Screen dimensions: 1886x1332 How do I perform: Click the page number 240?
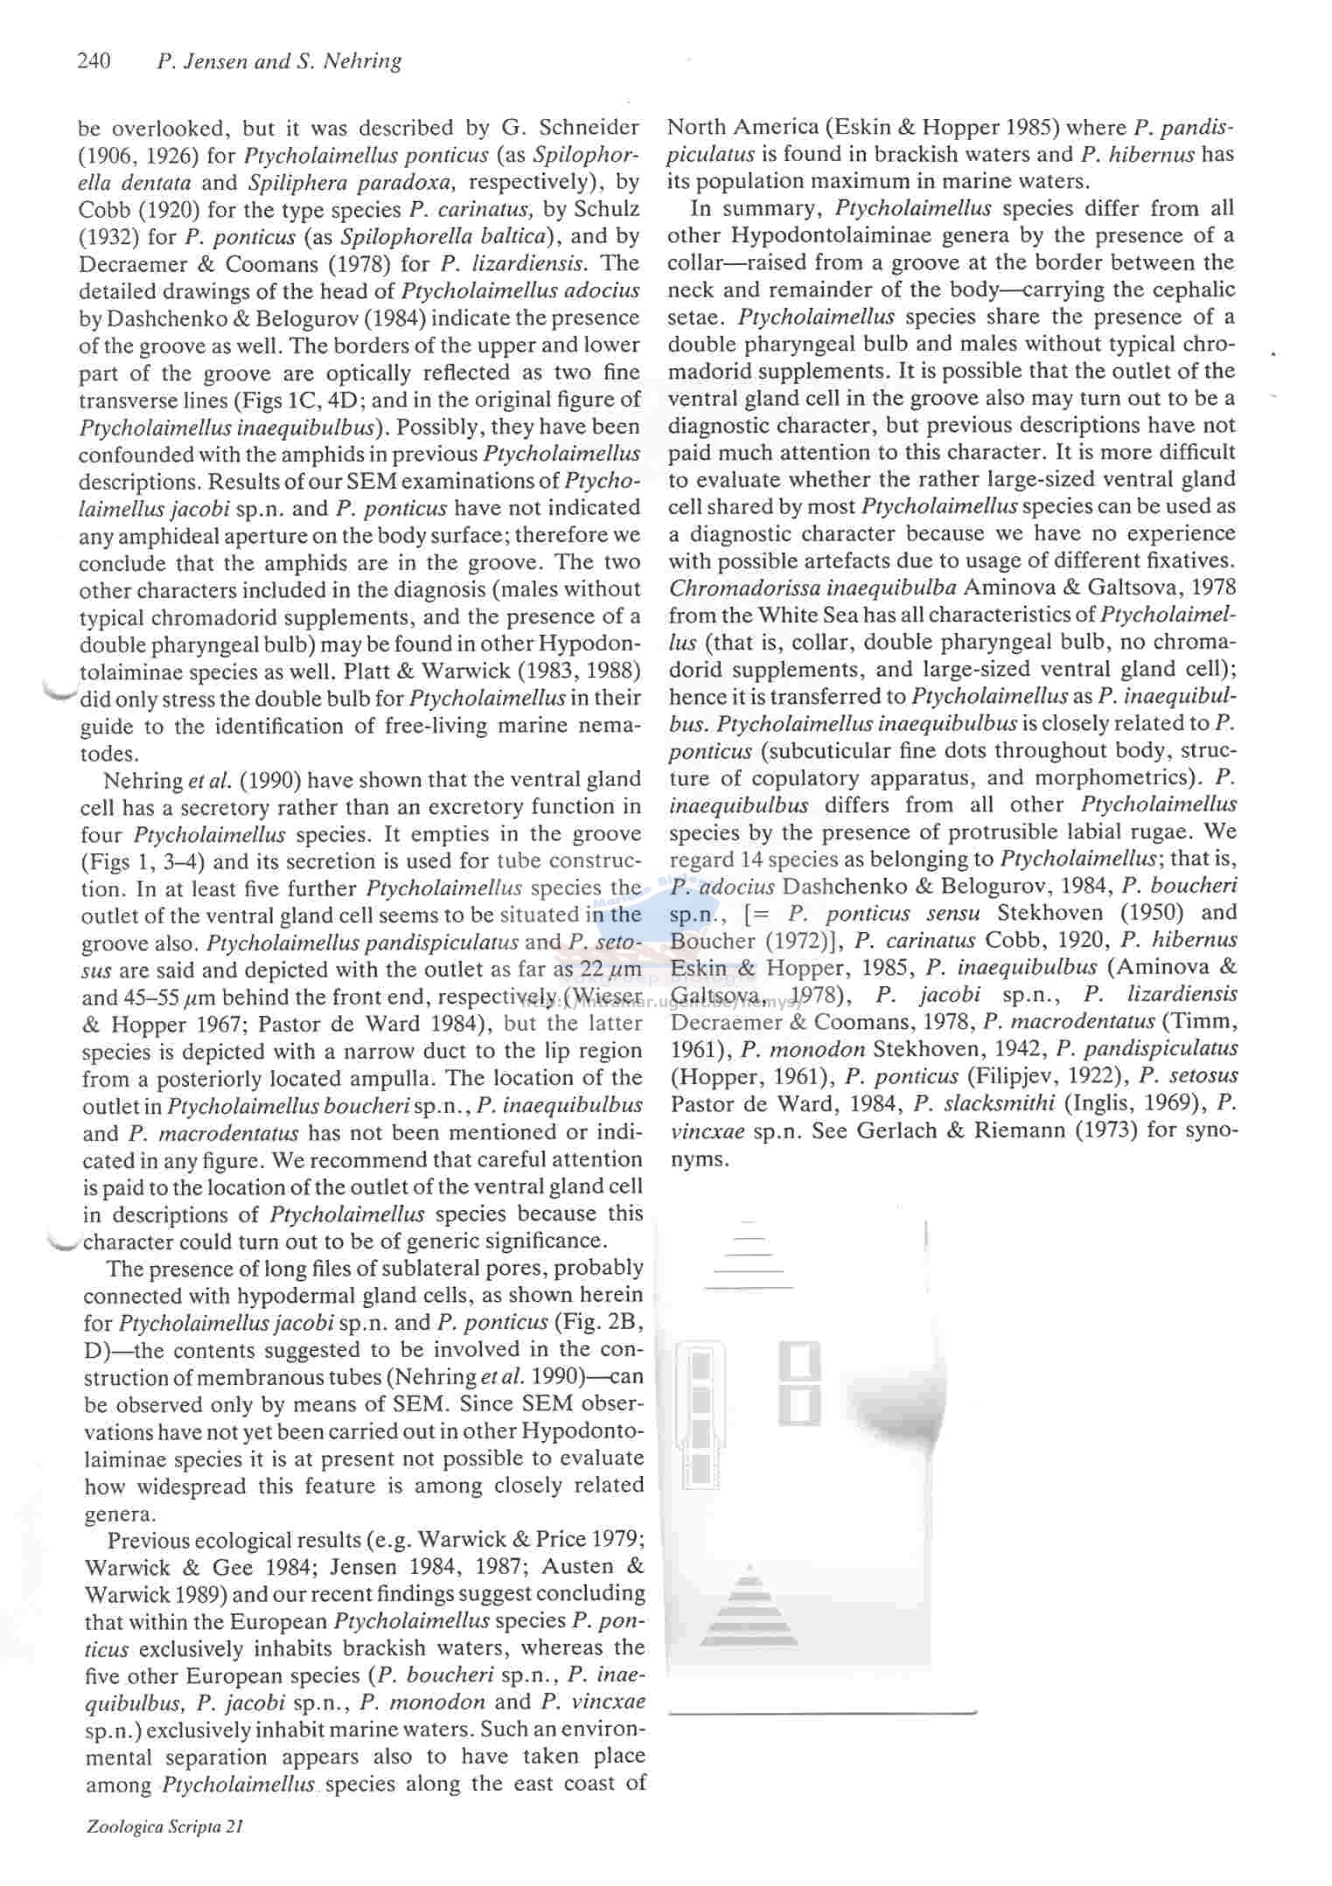coord(94,60)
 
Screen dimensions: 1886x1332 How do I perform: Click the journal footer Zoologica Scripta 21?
coord(164,1827)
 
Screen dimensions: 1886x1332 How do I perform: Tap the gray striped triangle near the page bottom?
coord(749,1606)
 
